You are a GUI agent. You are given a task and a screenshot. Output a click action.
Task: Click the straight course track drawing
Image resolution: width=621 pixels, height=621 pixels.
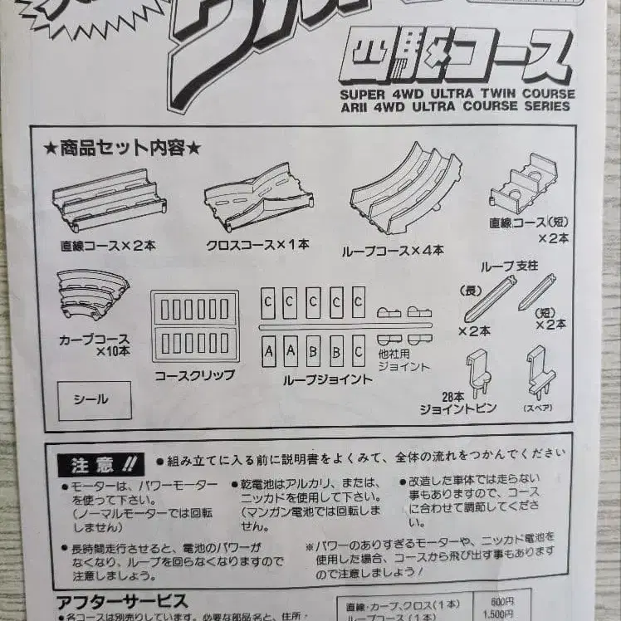pyautogui.click(x=109, y=200)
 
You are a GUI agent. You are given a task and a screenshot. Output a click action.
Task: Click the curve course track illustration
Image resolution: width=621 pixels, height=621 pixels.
pyautogui.click(x=92, y=294)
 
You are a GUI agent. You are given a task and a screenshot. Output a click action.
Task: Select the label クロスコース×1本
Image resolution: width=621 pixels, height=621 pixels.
pyautogui.click(x=258, y=246)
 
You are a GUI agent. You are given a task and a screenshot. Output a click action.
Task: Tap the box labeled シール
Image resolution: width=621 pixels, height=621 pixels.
pyautogui.click(x=94, y=400)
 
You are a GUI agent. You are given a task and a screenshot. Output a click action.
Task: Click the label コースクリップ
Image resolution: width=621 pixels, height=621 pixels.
pyautogui.click(x=194, y=375)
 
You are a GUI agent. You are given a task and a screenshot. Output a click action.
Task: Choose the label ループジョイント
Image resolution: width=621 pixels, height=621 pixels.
pyautogui.click(x=315, y=379)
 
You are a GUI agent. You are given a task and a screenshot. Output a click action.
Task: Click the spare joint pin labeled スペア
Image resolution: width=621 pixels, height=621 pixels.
pyautogui.click(x=540, y=374)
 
